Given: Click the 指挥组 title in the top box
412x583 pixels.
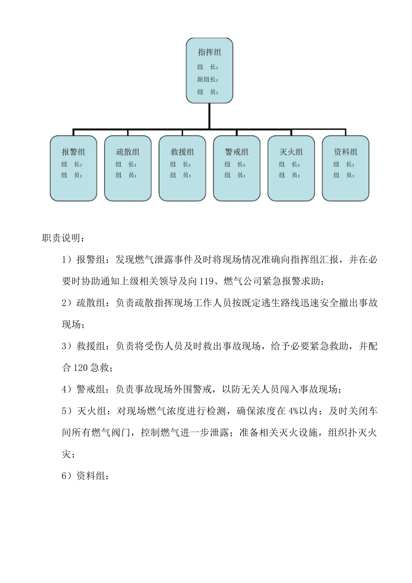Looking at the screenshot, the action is tap(209, 52).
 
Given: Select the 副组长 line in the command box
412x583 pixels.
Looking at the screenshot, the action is tap(207, 79).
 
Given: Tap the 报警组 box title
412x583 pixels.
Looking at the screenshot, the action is tap(73, 152).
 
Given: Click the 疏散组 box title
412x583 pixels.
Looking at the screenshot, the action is tap(128, 152).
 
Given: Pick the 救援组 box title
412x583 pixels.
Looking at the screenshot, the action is tap(182, 152).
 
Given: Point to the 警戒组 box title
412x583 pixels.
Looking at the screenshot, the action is tap(237, 152).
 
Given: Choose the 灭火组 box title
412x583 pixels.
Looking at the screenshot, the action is tap(291, 152).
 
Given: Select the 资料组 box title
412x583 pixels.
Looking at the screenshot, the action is tap(346, 152).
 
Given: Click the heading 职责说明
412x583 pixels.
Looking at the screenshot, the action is tap(60, 238).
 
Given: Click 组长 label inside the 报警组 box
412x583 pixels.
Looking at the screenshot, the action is tap(72, 164).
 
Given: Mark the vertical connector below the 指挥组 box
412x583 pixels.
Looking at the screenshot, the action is tap(209, 116).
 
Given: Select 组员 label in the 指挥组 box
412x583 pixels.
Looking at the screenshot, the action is tap(207, 92).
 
